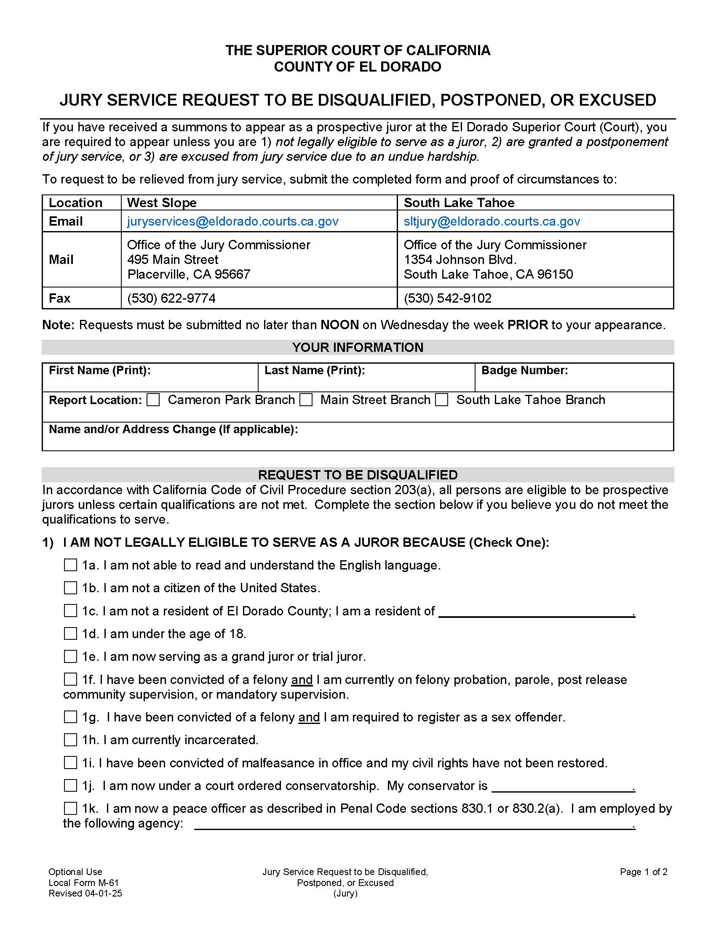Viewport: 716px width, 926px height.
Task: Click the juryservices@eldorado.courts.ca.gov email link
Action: [x=233, y=221]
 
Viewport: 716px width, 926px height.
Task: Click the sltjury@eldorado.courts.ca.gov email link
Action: [x=492, y=221]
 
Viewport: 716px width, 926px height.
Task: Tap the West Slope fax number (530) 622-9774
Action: [x=171, y=298]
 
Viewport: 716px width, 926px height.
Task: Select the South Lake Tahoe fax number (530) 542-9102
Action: [x=447, y=298]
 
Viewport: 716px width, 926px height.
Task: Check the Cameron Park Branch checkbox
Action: [x=153, y=400]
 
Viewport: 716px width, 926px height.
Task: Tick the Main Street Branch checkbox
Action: [x=306, y=400]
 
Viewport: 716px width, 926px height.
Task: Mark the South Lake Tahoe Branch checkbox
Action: [x=441, y=400]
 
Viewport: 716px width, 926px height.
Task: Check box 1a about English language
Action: [x=70, y=565]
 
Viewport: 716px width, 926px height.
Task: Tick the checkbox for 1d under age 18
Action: [x=70, y=633]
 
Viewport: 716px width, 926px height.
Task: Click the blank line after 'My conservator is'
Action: [x=561, y=788]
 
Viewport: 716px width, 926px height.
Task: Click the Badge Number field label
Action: [x=524, y=370]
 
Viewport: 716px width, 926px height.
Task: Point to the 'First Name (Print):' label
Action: [x=100, y=370]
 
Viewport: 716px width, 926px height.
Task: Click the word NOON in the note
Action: [x=339, y=325]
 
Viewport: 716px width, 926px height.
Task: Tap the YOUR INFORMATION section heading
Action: [x=358, y=347]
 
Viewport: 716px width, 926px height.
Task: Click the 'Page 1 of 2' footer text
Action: [x=644, y=872]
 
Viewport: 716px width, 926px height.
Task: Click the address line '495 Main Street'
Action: [x=173, y=259]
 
